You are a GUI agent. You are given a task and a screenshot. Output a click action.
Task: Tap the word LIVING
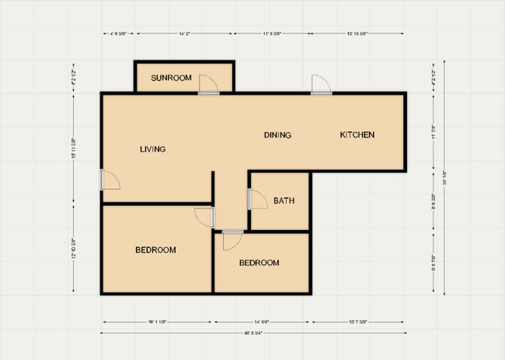tap(153, 149)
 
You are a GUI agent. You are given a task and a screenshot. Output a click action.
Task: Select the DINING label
tap(277, 135)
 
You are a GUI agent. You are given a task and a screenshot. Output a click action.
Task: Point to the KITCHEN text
tap(357, 135)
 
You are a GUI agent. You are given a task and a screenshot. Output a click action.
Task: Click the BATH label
tap(284, 201)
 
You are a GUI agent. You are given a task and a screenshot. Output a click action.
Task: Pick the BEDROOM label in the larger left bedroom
tap(155, 250)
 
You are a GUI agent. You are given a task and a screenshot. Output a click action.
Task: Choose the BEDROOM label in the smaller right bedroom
tap(259, 263)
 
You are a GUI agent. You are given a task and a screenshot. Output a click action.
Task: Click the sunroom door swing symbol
tap(208, 84)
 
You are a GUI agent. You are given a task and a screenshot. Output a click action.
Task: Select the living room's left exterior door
tap(110, 180)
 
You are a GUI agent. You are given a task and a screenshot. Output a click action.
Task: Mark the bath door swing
tap(256, 199)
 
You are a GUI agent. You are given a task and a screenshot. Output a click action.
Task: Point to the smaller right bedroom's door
tap(231, 239)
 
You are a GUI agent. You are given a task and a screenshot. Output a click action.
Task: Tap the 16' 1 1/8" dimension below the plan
tap(155, 321)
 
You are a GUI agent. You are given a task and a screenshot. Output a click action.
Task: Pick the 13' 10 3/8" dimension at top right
tap(357, 33)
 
